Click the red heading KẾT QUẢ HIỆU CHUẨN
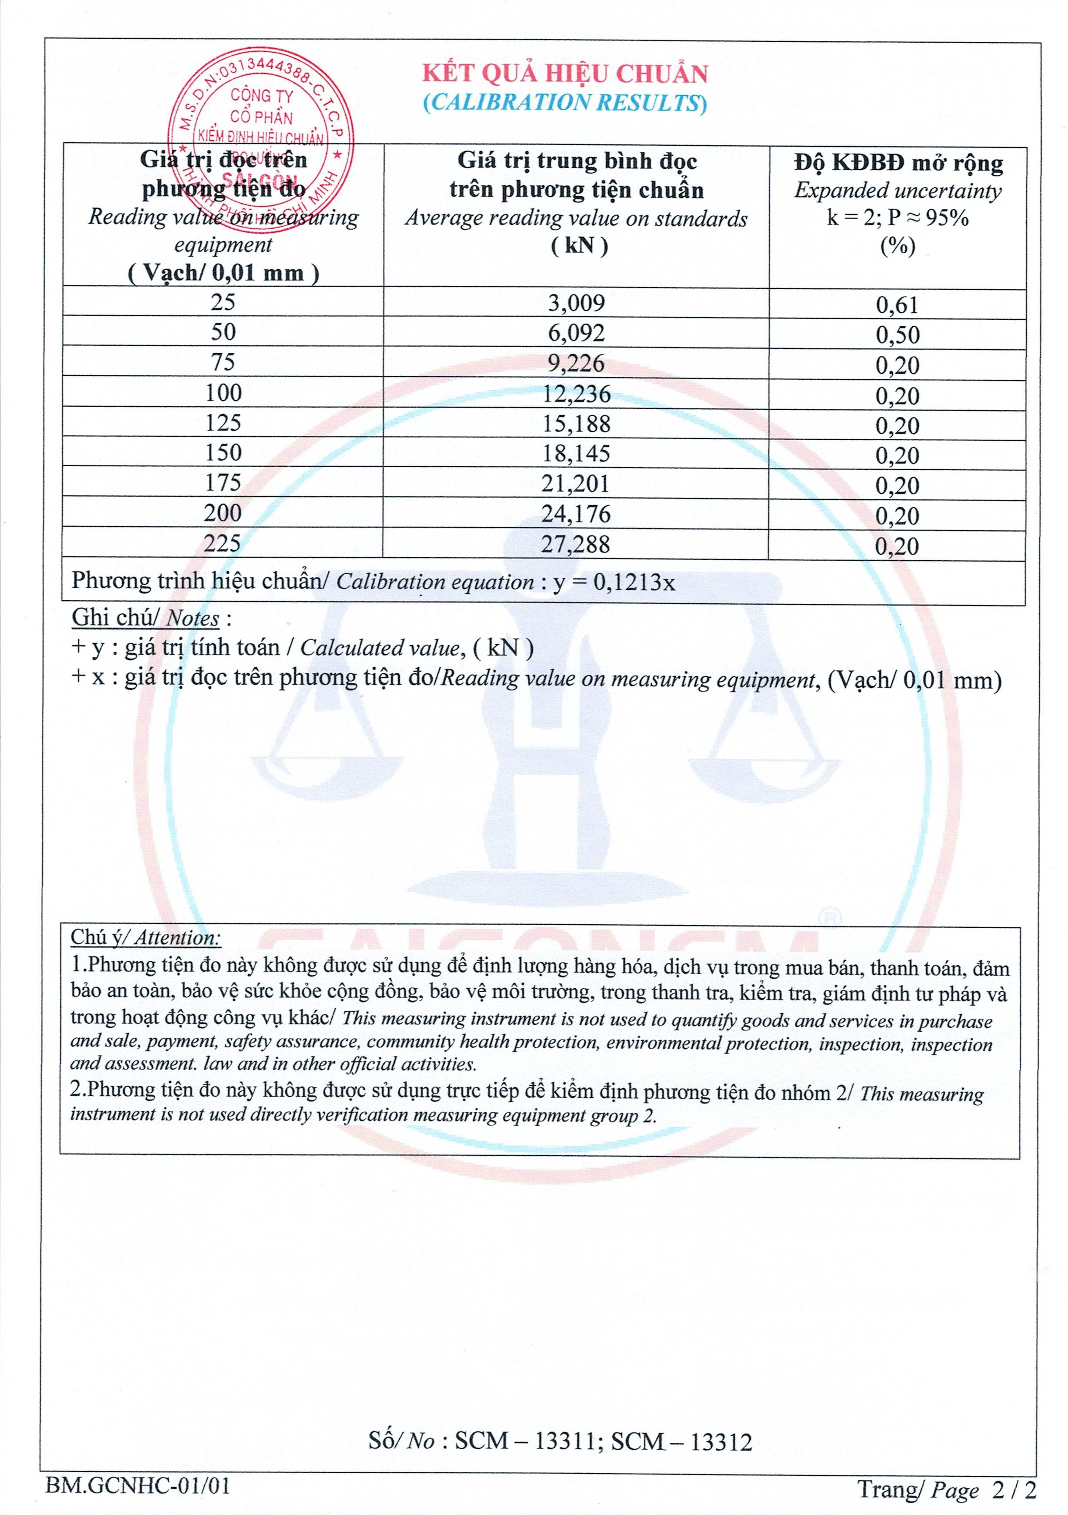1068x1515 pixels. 565,74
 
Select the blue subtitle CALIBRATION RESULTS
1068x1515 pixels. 565,103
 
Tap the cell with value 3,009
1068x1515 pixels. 576,303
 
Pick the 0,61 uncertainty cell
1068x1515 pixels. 897,305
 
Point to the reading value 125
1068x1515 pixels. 223,423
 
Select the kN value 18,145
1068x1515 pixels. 576,453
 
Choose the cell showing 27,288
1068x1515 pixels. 576,545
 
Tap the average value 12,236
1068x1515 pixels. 576,394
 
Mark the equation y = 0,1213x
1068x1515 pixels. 614,582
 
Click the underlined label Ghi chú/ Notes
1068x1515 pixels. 146,618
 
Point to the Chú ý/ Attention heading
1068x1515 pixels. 146,938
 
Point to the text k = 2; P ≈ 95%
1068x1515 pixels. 897,218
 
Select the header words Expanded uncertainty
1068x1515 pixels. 897,191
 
